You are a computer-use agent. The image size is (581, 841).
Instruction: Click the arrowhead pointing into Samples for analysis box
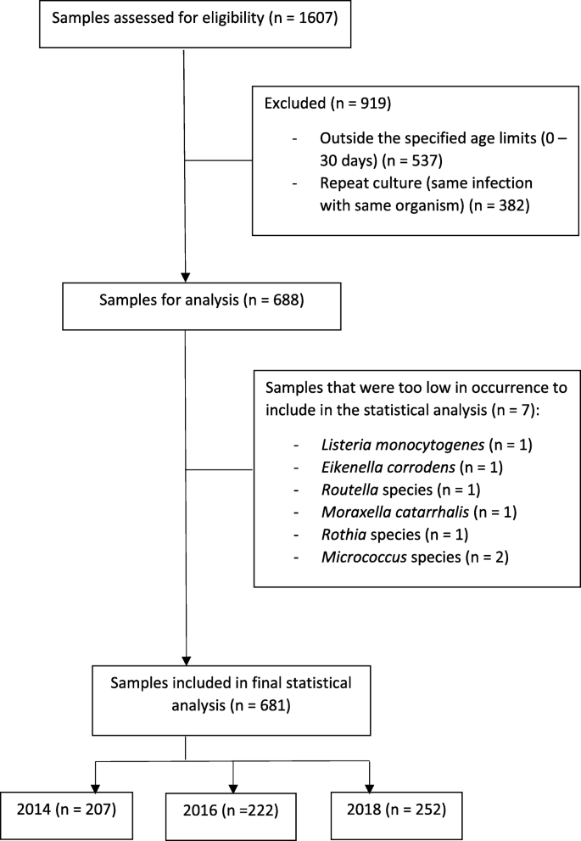pyautogui.click(x=184, y=274)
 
